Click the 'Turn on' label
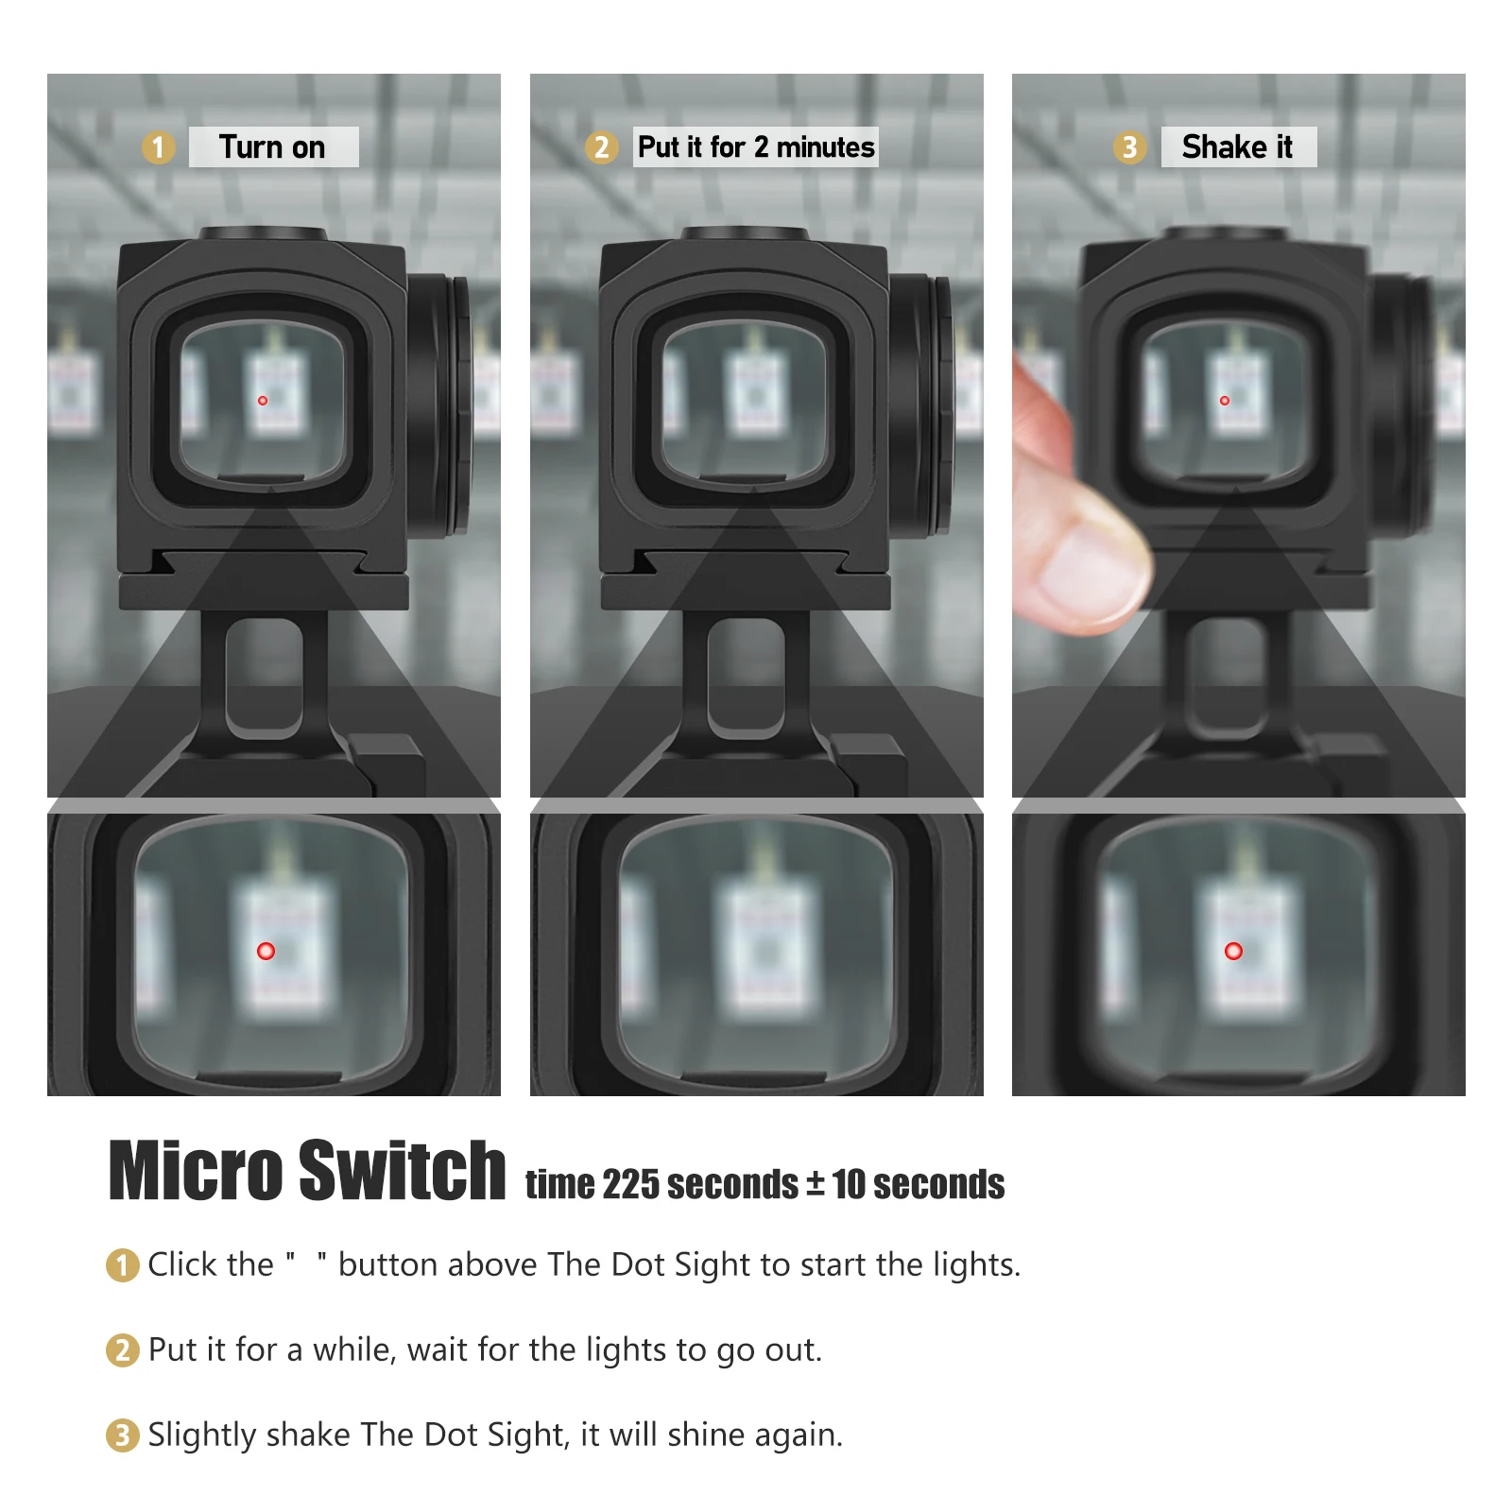point(272,147)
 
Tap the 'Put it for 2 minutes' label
point(756,147)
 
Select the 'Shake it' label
point(1237,147)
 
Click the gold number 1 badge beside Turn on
point(158,147)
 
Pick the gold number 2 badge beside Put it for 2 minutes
point(601,147)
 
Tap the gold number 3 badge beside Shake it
point(1128,147)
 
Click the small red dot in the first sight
point(263,401)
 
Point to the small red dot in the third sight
point(1225,401)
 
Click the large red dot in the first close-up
point(266,951)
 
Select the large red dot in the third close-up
point(1233,951)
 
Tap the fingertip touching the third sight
point(1087,567)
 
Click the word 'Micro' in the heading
point(196,1172)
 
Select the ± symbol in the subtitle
point(815,1183)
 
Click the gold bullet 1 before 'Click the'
point(122,1265)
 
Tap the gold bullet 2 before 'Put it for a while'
point(122,1350)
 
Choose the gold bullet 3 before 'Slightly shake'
point(122,1435)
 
